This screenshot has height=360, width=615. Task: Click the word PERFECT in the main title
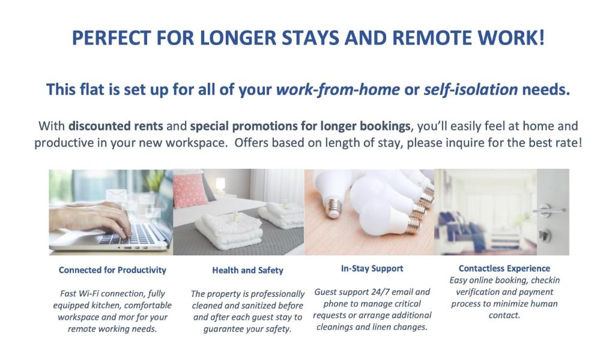coord(111,38)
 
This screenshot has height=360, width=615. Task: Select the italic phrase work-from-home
coord(338,90)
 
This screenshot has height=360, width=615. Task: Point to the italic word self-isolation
coord(471,90)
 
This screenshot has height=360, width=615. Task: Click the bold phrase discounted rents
coord(116,126)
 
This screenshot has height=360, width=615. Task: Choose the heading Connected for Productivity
coord(112,270)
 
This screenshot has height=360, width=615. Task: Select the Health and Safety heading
coord(247,270)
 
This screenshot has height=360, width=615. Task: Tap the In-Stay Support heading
coord(372,269)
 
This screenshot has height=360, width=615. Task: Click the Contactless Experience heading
coord(504,269)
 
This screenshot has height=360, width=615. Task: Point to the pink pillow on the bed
coord(191,190)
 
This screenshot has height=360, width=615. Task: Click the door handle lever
coord(548,210)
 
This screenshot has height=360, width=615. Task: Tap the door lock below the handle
coord(545,236)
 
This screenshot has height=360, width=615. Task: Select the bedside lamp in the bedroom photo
coord(220,185)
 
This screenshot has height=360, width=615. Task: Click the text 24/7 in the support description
coord(380,292)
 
